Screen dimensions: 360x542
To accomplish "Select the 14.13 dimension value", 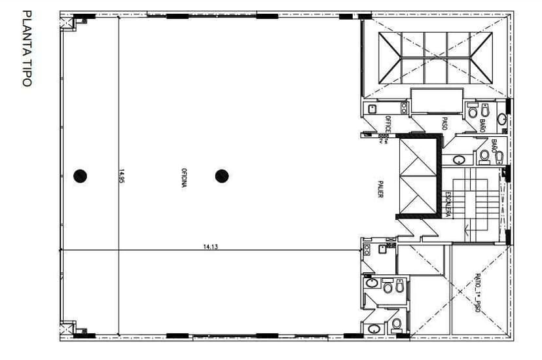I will [x=210, y=247].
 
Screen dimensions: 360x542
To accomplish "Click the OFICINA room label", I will [x=185, y=177].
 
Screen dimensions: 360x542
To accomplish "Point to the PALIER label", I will [x=380, y=189].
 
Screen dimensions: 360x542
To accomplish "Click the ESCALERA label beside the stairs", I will [x=446, y=204].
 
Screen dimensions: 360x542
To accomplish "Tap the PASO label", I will [x=444, y=123].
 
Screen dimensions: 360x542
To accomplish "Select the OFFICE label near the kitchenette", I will [x=388, y=124].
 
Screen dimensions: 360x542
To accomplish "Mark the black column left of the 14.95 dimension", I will [x=80, y=175].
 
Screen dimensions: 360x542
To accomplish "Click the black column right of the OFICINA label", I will [x=222, y=175].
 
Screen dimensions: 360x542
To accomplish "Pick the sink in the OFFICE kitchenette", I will [x=372, y=108].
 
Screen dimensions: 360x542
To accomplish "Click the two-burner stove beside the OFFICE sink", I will [x=403, y=108].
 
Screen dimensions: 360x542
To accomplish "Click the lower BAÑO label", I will [x=494, y=145].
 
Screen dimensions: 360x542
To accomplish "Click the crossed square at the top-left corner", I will [x=66, y=24].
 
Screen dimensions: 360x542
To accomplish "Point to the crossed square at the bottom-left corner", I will [x=66, y=328].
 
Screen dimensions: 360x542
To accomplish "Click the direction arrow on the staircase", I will [x=466, y=229].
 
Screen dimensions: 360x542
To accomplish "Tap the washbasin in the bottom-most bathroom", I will [x=374, y=329].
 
